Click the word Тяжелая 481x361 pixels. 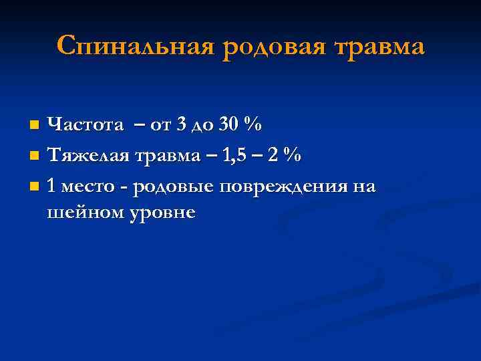[x=88, y=156]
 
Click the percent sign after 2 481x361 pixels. [x=291, y=156]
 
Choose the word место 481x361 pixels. [x=88, y=187]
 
